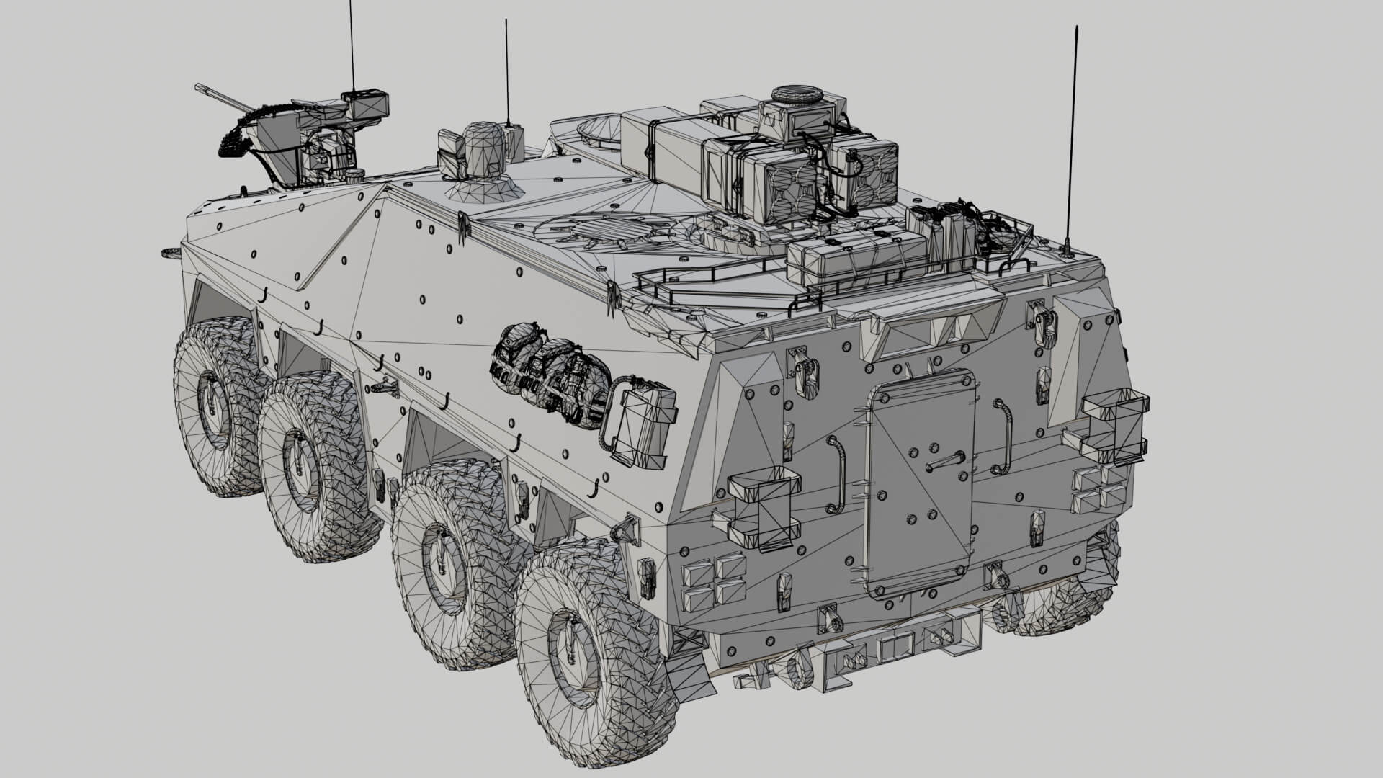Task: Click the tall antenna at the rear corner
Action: [x=1072, y=137]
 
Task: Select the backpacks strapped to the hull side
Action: [x=551, y=375]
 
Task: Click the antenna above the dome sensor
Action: [x=507, y=72]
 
